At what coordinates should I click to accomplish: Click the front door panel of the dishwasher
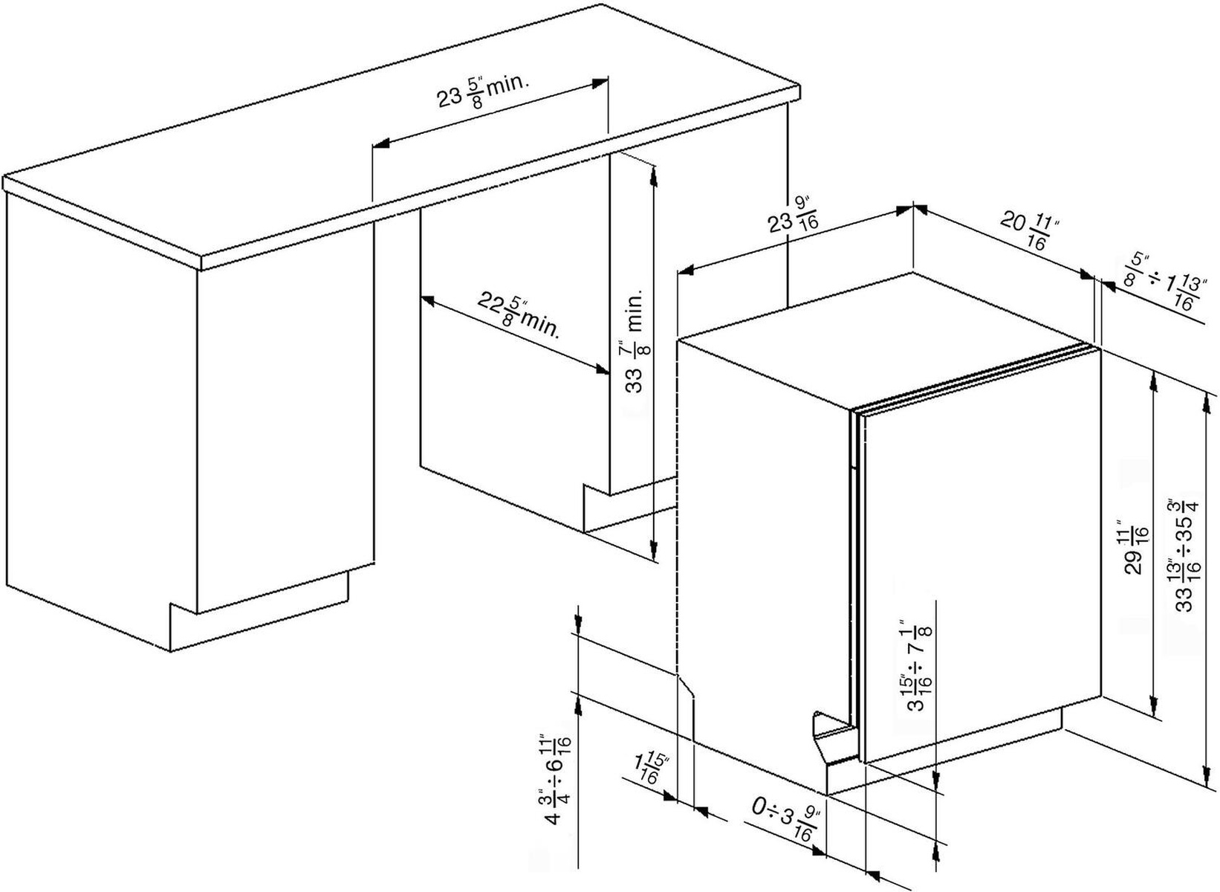pyautogui.click(x=981, y=550)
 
